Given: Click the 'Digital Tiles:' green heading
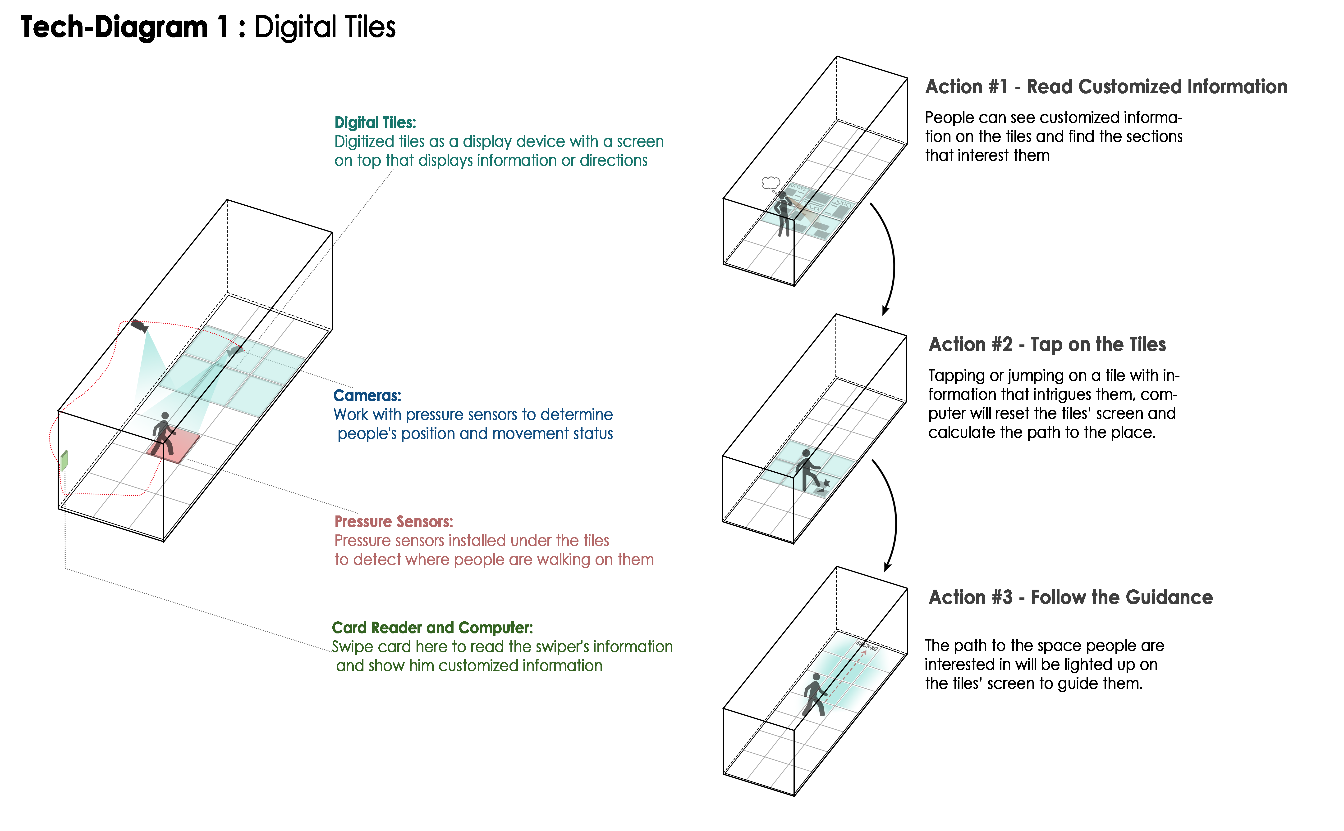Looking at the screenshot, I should tap(375, 122).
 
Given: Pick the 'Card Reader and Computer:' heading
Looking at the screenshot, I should tap(432, 628).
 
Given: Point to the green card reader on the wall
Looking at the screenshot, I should tap(64, 461).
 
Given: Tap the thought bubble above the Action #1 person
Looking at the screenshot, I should tap(771, 182).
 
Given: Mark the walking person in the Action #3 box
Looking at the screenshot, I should tap(814, 695).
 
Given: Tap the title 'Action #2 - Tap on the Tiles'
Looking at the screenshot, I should tap(1047, 345).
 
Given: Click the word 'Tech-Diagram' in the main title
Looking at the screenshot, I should tap(114, 27).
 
